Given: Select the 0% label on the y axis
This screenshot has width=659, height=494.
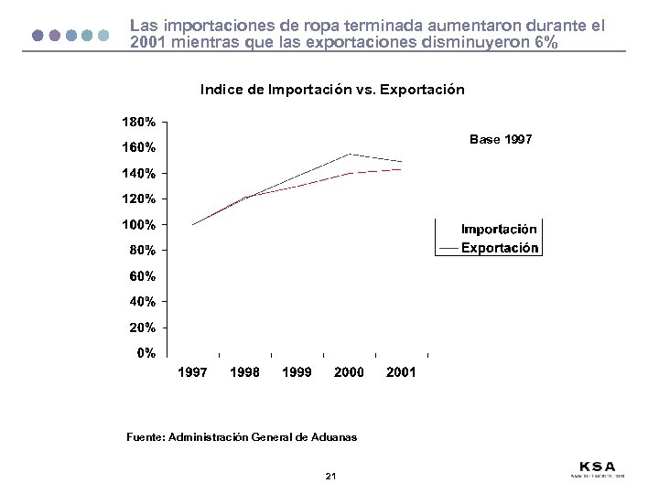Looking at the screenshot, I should coord(146,353).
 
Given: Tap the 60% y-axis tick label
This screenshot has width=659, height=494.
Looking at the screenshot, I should coord(143,275).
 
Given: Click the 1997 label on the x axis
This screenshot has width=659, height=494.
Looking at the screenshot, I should coord(192,372).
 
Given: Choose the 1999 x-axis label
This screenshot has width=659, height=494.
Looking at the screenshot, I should coord(297,372).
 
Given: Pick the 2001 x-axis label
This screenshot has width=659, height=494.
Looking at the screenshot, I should coord(401,372).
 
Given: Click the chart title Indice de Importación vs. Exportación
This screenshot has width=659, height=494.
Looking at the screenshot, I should coord(332,90).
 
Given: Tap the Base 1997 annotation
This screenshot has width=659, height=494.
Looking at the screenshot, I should coord(500,140).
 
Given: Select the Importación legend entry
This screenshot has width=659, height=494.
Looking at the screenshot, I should coord(500,230).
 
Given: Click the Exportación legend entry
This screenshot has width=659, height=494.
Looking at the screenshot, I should coord(500,248).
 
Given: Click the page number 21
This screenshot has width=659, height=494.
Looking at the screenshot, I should coord(330,477).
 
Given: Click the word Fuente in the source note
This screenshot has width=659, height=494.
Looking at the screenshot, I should coord(145,438).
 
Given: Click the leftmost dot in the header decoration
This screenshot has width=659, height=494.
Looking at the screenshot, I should coord(38,36).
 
